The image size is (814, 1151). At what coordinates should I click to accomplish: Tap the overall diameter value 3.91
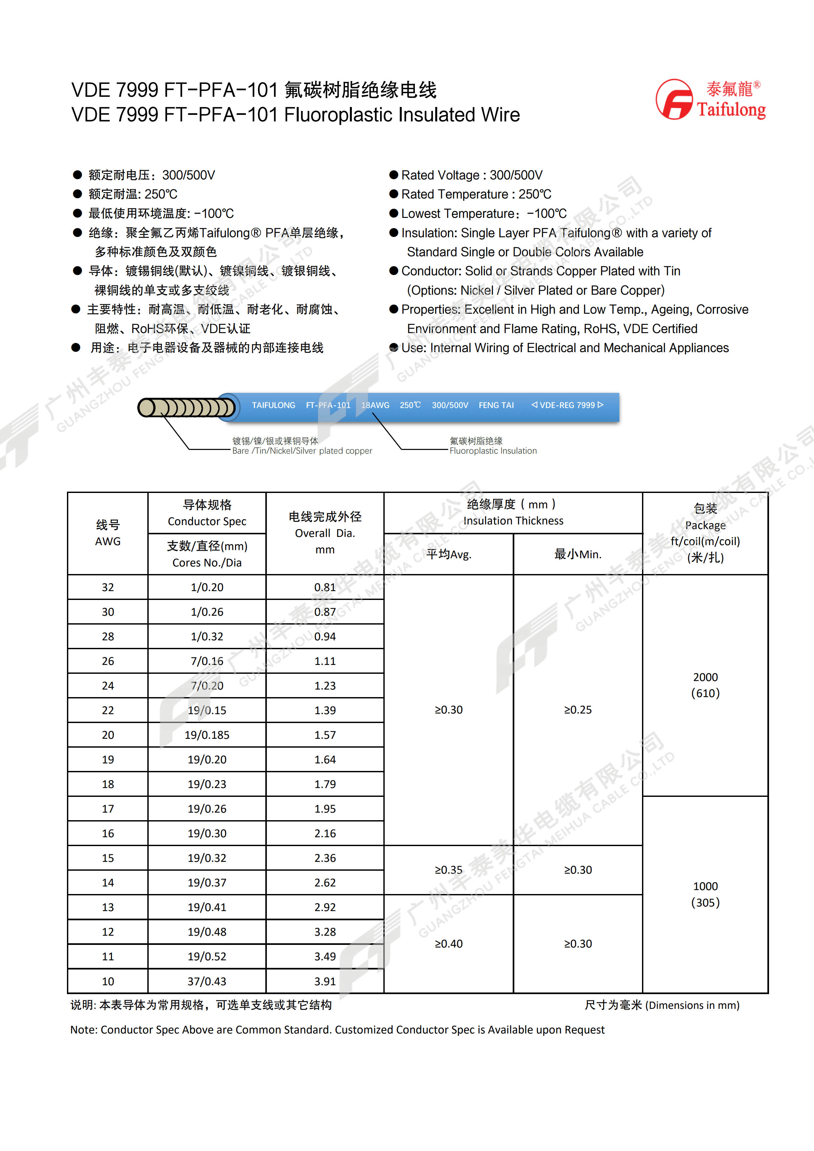(325, 981)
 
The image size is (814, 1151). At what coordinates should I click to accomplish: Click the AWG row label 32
(108, 587)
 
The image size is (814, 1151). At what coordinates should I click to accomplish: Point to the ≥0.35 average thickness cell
(449, 870)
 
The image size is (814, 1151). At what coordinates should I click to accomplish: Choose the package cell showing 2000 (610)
(705, 685)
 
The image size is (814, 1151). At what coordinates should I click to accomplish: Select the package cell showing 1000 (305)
(705, 894)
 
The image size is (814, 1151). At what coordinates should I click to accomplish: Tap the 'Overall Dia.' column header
(325, 533)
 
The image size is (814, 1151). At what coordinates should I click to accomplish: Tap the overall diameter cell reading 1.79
(325, 784)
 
